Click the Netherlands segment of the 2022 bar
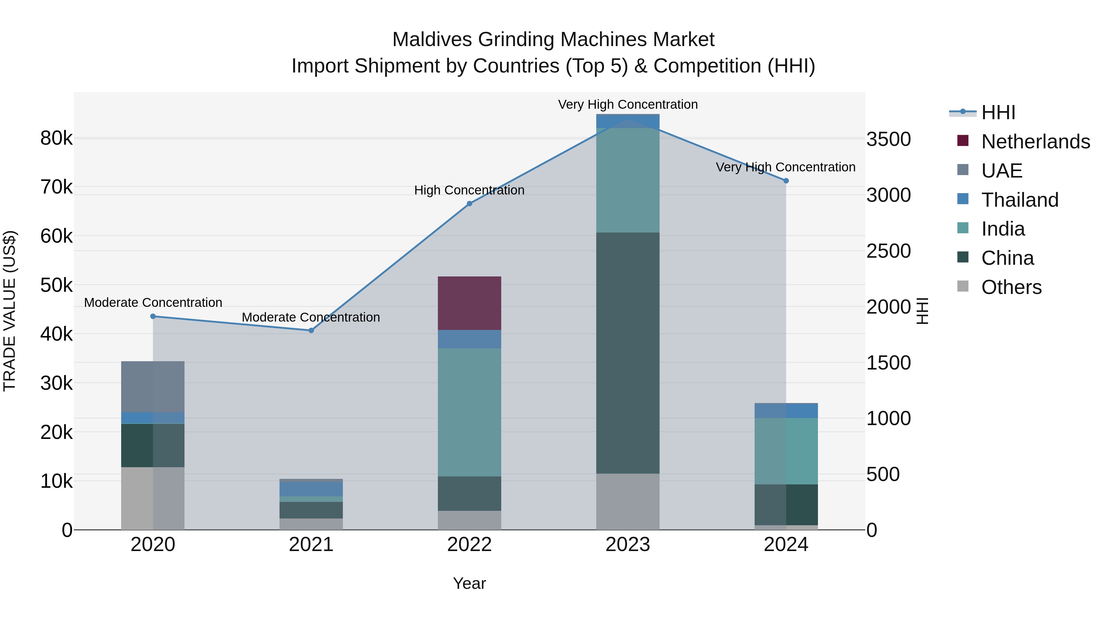pos(469,303)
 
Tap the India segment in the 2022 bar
pos(469,412)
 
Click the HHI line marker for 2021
pos(311,330)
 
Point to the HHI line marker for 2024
pos(786,181)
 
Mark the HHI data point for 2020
pos(153,316)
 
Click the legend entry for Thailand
pos(1019,200)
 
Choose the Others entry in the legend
pos(1011,287)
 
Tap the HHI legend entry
pos(998,112)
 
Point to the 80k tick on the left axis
pos(56,138)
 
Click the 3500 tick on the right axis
pos(888,139)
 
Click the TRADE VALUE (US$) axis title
pos(10,311)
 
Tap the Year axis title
pos(469,583)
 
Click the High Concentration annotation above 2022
pos(469,190)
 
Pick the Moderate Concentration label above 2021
pos(311,317)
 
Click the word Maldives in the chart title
pos(432,40)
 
